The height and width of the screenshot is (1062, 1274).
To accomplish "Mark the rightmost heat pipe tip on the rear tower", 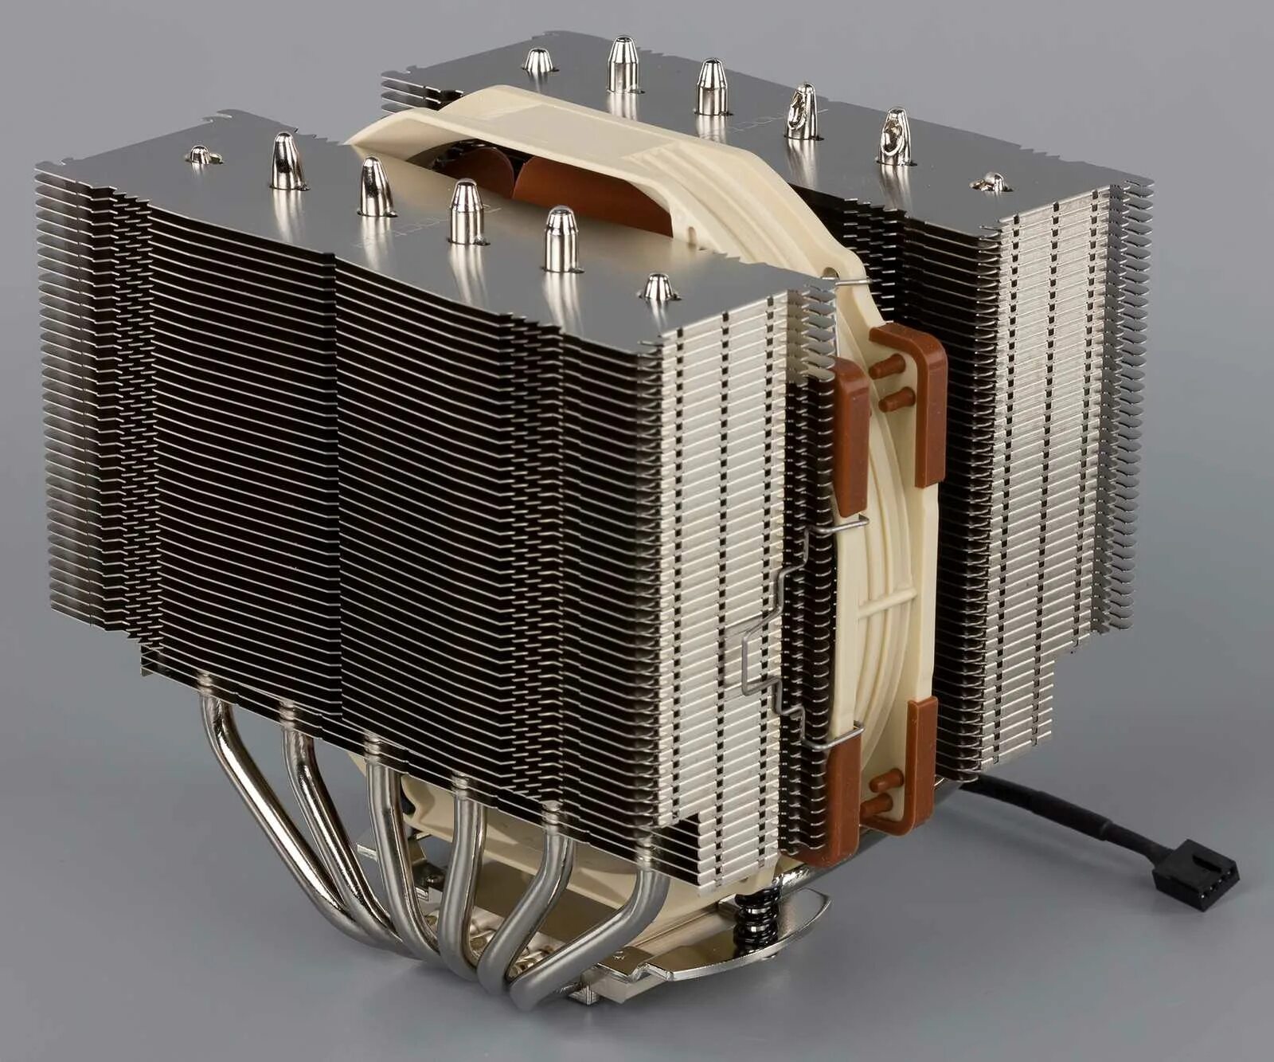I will (991, 183).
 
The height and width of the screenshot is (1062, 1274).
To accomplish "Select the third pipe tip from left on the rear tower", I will (711, 88).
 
